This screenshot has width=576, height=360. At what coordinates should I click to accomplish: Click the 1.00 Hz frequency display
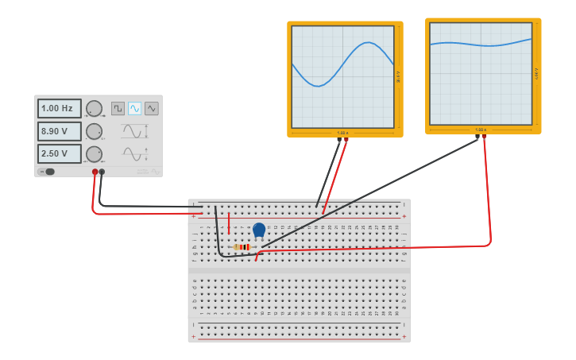tap(59, 108)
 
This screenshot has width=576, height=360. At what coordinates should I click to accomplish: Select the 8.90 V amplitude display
tap(59, 131)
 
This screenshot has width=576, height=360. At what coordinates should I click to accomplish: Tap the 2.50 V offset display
tap(59, 153)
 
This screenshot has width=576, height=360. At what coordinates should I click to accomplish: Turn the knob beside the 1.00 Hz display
tap(94, 108)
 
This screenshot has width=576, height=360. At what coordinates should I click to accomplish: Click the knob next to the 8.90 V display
tap(94, 131)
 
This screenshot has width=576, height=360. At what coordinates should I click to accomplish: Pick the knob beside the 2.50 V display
tap(94, 153)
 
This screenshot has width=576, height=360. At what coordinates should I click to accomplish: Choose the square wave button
tap(118, 108)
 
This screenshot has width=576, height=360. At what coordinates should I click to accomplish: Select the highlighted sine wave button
tap(134, 108)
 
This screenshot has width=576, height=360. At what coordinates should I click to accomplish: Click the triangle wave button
tap(151, 108)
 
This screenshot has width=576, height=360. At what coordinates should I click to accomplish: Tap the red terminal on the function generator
tap(95, 172)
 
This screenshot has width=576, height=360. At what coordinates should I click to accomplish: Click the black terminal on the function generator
tap(102, 172)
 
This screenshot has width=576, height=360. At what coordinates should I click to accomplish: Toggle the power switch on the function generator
tap(48, 172)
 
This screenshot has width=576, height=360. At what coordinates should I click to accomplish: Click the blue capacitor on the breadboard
tap(259, 230)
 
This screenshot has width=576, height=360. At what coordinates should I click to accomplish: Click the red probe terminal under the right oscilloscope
tap(484, 137)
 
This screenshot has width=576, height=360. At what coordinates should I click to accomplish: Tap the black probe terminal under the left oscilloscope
tap(339, 140)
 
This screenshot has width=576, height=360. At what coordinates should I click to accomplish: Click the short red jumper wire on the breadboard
tap(229, 223)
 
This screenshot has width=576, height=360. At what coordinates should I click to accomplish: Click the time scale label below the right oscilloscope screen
tap(481, 130)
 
